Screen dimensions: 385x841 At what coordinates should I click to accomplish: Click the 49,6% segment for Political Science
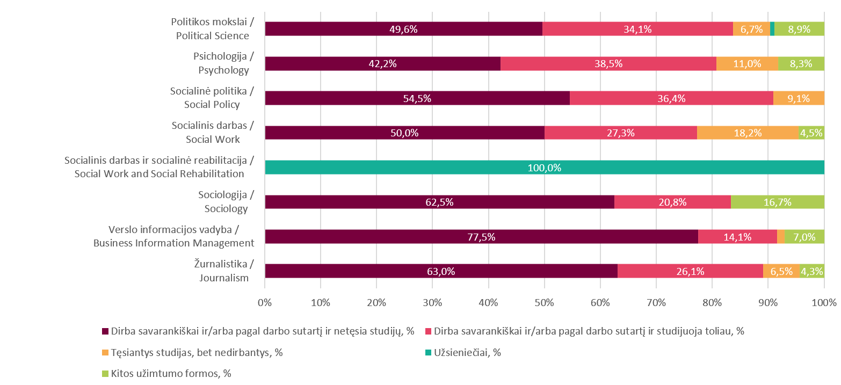tap(403, 29)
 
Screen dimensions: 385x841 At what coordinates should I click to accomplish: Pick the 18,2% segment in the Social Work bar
tap(748, 133)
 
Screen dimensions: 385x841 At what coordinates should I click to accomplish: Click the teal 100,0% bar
tap(544, 168)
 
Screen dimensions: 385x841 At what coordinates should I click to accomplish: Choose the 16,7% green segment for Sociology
tap(777, 202)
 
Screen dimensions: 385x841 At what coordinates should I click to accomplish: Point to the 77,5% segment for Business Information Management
tap(481, 237)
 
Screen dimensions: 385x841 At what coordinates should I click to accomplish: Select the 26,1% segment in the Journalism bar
tap(690, 271)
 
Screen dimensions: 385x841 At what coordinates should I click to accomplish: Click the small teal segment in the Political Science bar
tap(772, 29)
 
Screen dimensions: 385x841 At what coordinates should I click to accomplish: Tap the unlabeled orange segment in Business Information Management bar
tap(781, 237)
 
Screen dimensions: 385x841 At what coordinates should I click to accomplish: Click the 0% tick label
tap(265, 302)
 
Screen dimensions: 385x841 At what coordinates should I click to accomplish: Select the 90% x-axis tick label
tap(768, 302)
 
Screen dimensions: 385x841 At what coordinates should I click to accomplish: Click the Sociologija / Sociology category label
tap(223, 202)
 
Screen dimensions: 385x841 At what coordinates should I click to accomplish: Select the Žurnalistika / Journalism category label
tap(223, 271)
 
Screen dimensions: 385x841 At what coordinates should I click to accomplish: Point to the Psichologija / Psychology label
tap(223, 63)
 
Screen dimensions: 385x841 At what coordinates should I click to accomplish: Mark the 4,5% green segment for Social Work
tap(811, 133)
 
